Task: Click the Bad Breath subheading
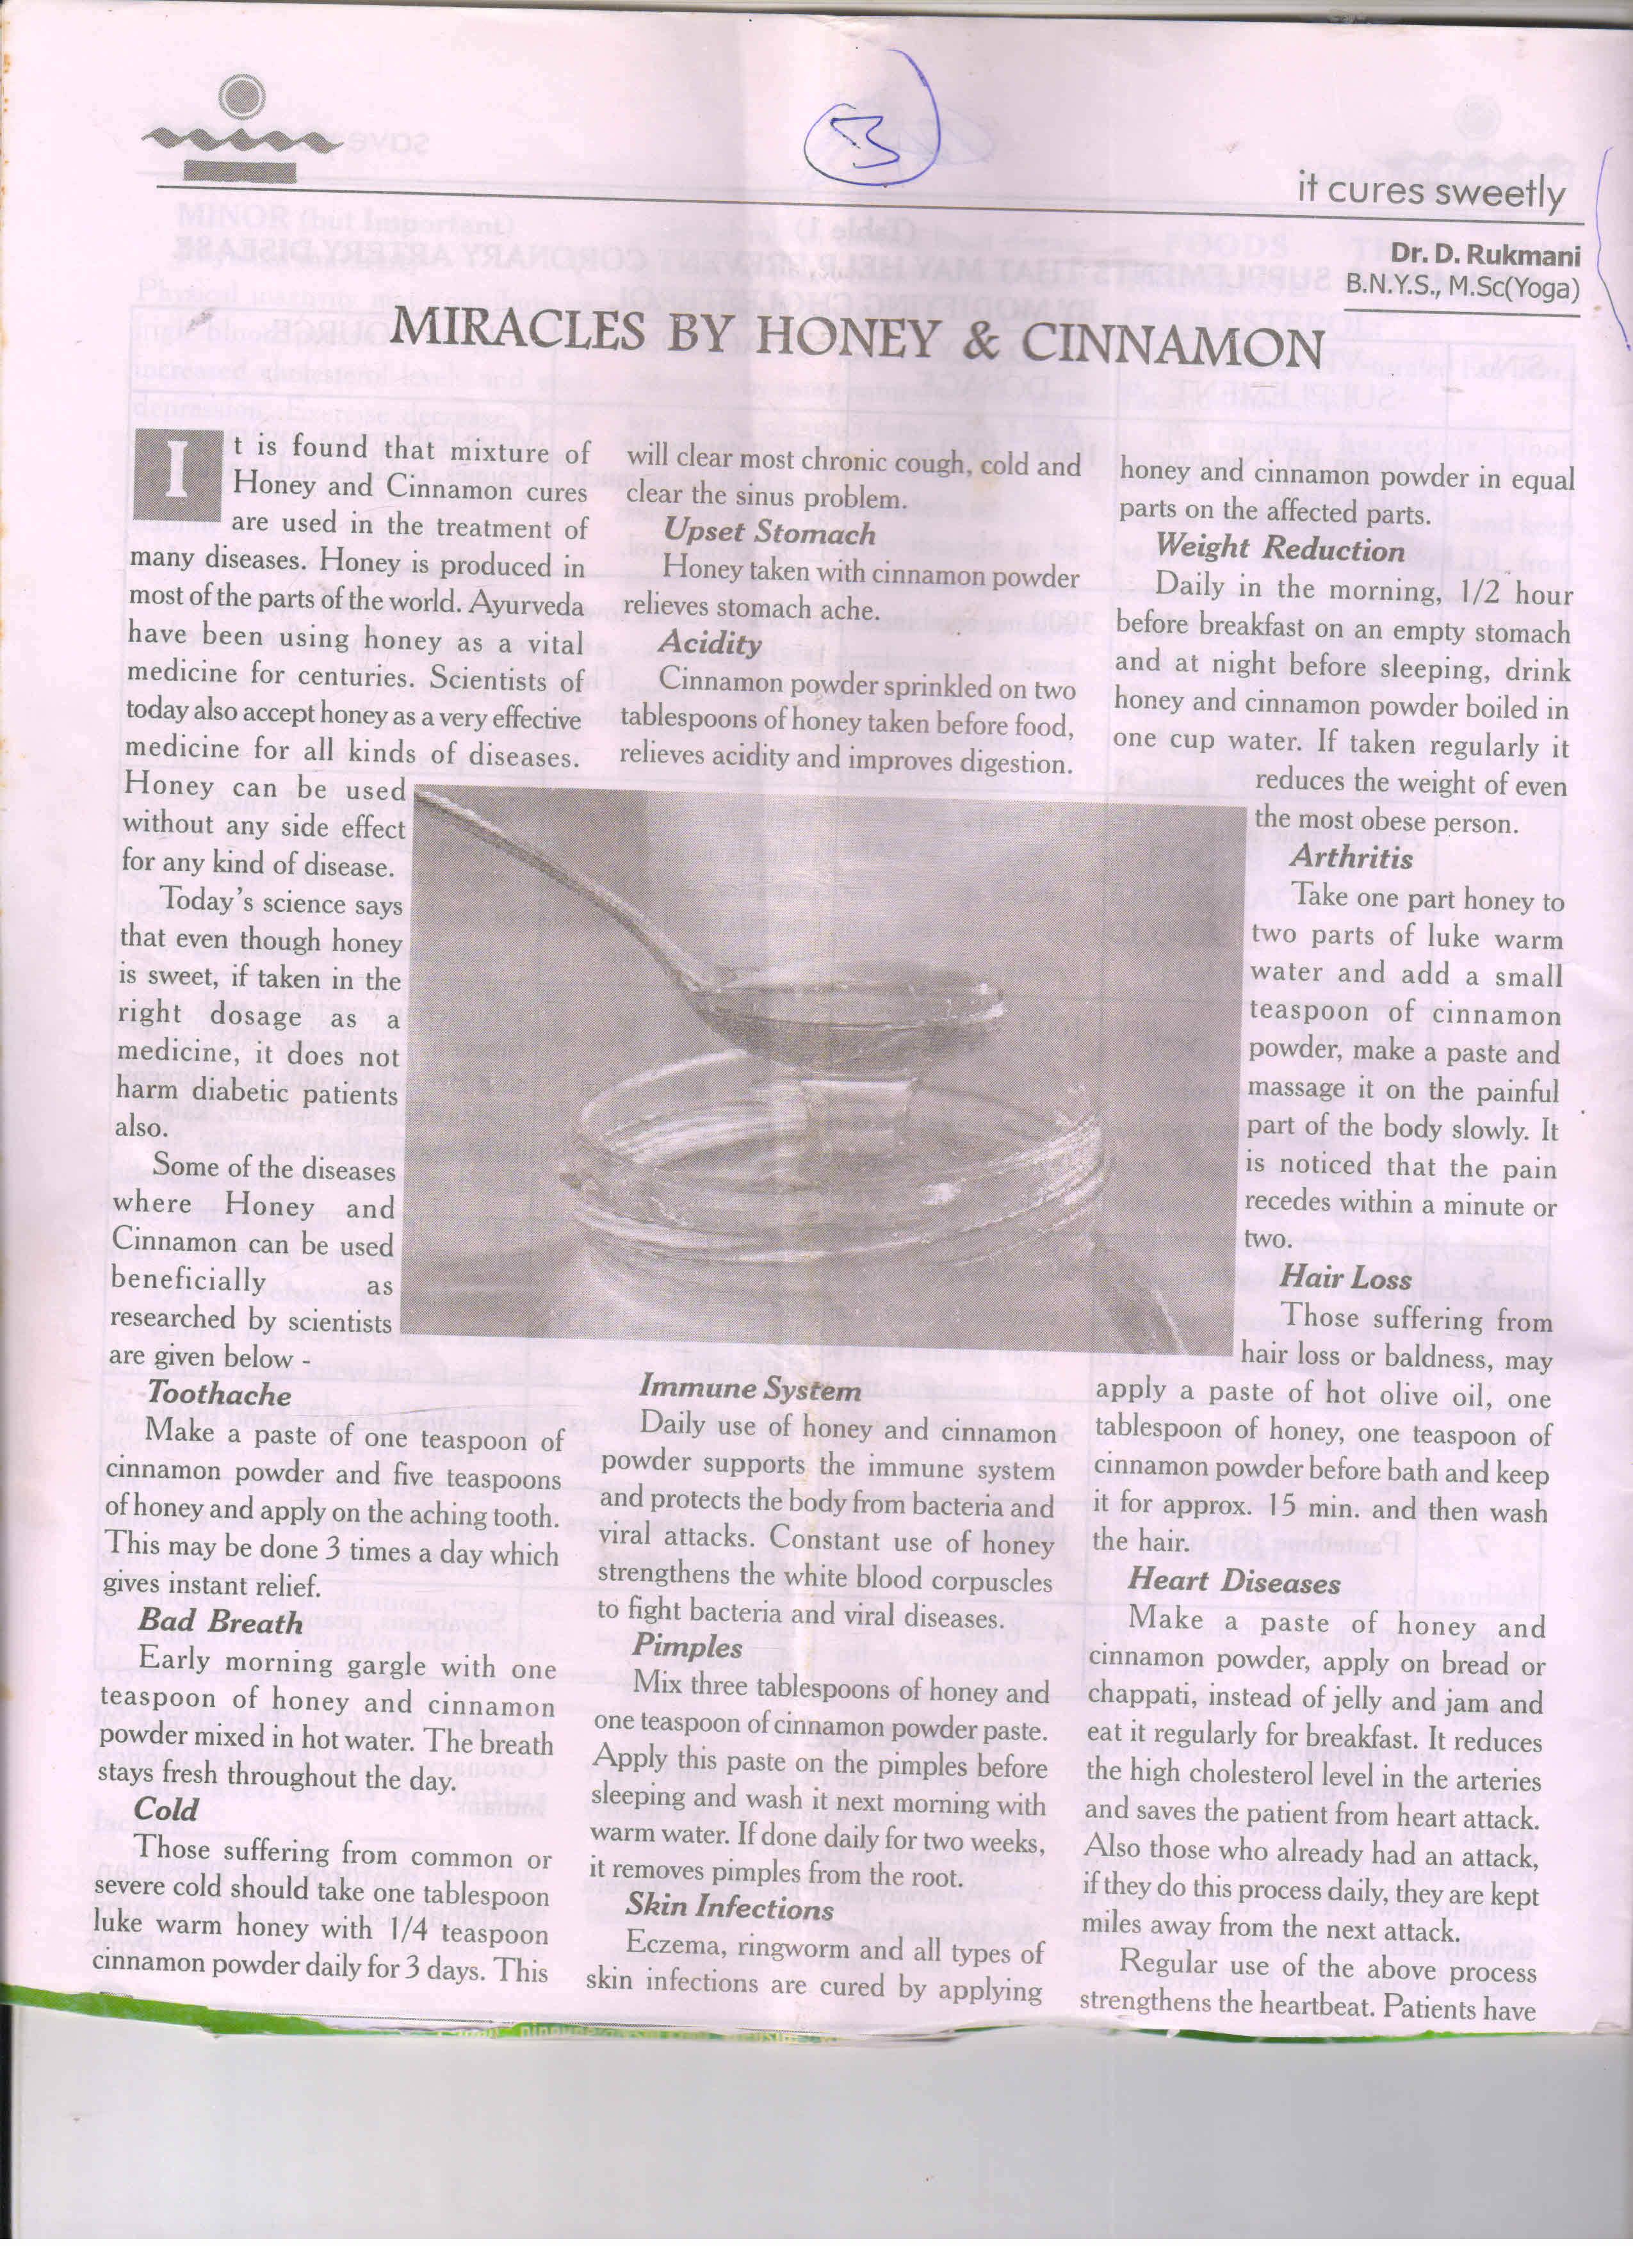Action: [220, 1622]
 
